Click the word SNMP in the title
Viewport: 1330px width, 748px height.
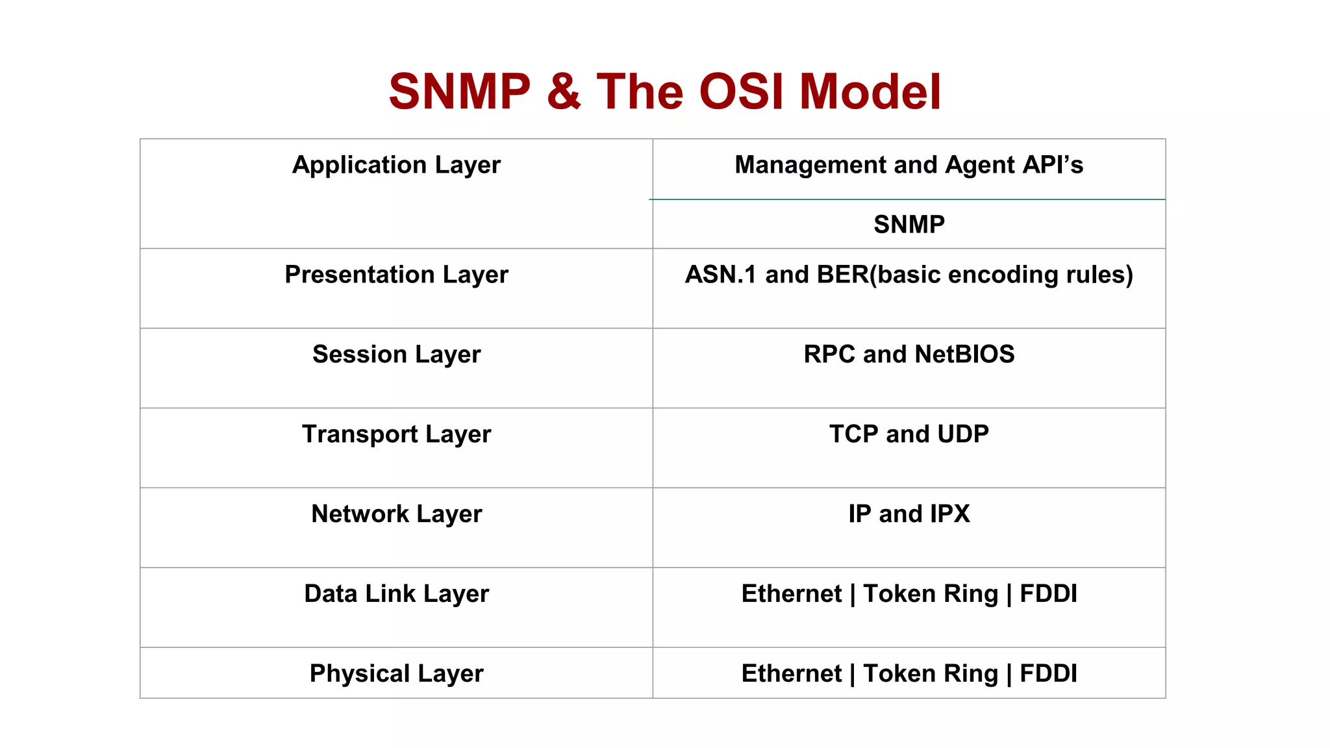459,92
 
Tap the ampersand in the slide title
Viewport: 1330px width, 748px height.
563,92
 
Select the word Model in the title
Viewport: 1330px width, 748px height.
870,92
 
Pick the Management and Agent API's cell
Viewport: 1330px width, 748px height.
909,165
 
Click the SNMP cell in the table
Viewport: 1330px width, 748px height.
909,225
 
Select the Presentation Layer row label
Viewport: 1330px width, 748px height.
396,275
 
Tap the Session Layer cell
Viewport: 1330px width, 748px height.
396,355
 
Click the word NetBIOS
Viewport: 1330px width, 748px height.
964,355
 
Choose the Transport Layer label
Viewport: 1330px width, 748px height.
396,434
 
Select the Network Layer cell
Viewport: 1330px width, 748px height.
396,514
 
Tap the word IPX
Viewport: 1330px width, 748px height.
944,514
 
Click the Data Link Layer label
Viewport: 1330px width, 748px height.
396,594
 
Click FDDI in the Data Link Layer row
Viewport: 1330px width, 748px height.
1048,594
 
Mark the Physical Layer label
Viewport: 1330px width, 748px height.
396,674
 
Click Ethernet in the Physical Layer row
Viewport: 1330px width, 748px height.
791,674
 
